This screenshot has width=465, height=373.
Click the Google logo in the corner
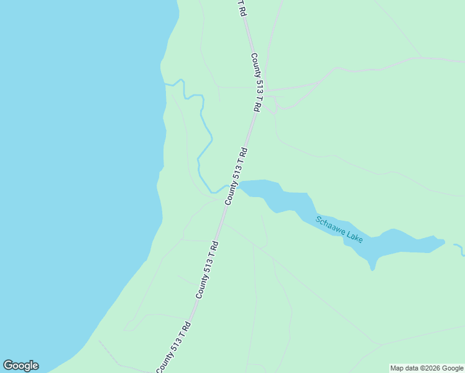[x=21, y=366]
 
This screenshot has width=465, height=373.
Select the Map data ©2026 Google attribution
[x=426, y=368]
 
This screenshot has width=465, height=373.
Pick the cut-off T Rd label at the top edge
[x=242, y=8]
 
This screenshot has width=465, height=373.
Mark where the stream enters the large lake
[x=165, y=83]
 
